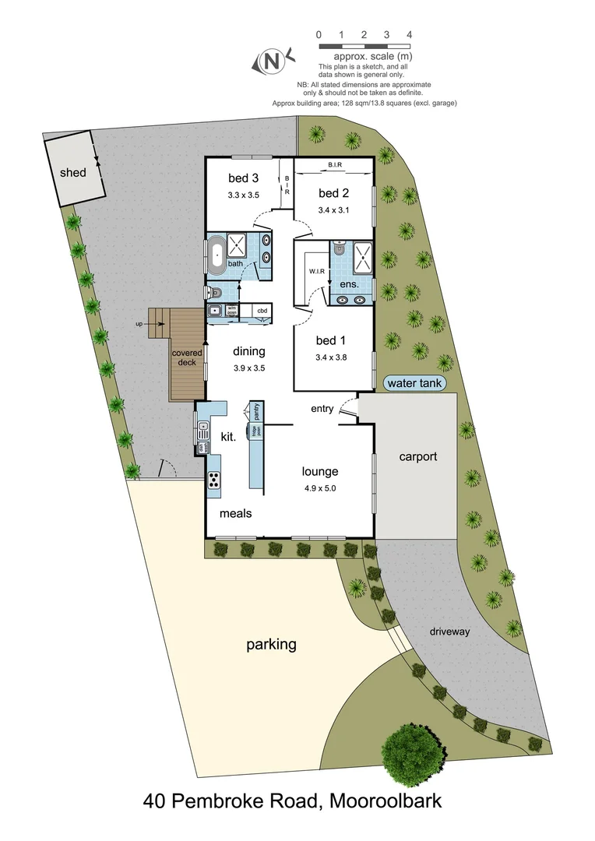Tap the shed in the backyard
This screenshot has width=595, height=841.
(73, 173)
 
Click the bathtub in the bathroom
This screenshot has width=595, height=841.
(216, 256)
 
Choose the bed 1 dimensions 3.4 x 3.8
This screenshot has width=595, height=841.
(330, 358)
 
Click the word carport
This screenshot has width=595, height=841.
(417, 457)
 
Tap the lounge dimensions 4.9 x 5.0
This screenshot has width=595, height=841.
(319, 489)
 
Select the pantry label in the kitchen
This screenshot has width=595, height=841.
(255, 411)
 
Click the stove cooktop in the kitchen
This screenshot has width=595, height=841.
(214, 480)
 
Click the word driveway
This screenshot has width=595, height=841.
(450, 632)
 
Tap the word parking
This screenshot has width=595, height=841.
(271, 645)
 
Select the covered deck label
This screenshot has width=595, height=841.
(187, 357)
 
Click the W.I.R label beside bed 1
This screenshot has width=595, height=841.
(316, 272)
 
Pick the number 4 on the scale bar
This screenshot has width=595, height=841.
(409, 35)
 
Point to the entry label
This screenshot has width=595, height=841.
(322, 409)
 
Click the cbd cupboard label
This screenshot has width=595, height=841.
(262, 311)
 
